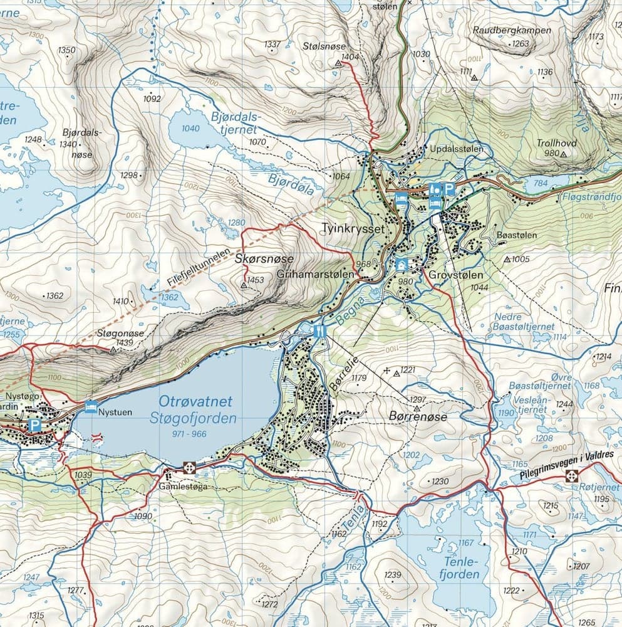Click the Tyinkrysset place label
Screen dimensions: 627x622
tap(360, 229)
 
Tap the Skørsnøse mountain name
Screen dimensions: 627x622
tap(263, 259)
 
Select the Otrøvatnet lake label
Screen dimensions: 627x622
tap(195, 401)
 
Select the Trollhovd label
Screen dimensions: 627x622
tap(556, 142)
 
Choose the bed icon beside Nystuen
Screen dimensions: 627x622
tap(91, 406)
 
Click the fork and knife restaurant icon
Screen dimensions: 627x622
tap(319, 330)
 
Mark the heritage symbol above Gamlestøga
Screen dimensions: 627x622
tap(189, 467)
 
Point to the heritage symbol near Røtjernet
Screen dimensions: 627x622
tap(571, 476)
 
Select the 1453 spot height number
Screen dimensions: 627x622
tap(256, 280)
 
